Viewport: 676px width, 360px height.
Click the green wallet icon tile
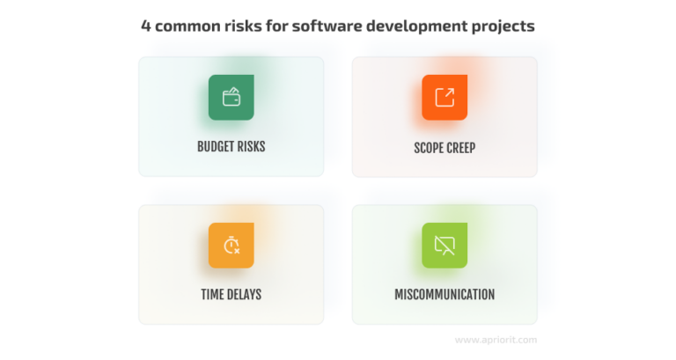pos(231,98)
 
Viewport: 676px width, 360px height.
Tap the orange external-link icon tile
pos(445,98)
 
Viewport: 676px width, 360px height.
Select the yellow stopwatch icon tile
pos(231,246)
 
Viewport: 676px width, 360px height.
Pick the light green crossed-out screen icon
pos(445,246)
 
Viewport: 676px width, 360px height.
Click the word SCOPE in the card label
pos(430,148)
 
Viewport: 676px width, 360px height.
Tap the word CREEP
pos(462,148)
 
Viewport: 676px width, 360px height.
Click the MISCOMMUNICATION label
pos(445,295)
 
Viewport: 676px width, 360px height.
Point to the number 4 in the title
pos(146,26)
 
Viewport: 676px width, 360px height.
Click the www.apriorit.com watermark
pos(496,339)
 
